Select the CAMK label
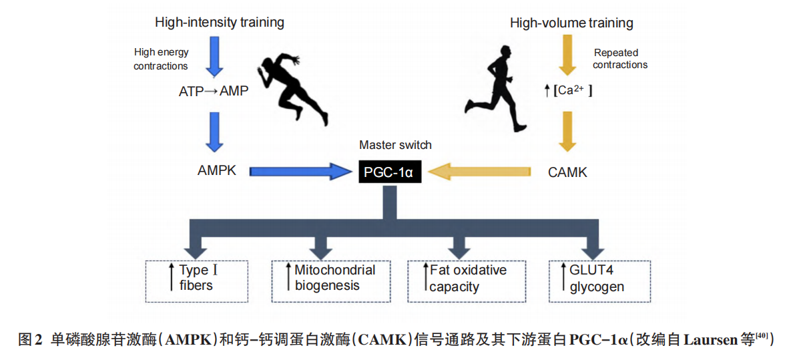coord(567,172)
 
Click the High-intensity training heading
coord(220,22)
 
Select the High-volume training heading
coord(571,23)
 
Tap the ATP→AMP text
coord(214,91)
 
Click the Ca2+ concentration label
coord(568,91)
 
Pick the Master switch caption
coord(395,145)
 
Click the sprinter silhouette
coord(294,90)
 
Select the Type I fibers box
coord(196,279)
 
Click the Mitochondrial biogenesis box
coord(332,279)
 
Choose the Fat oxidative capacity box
coord(467,279)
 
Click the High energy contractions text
coord(161,59)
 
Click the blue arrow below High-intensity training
coord(215,56)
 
